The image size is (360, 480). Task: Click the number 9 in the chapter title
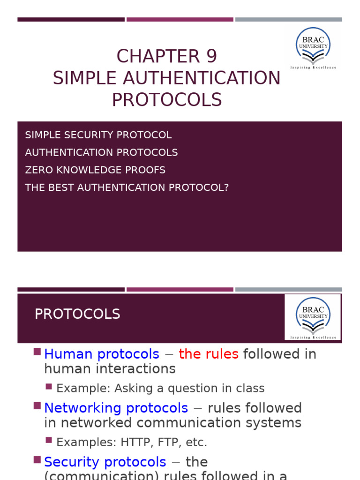[211, 56]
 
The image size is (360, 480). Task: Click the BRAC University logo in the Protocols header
[313, 317]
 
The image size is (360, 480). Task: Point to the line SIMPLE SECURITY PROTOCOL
[98, 135]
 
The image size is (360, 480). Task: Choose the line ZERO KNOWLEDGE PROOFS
[95, 170]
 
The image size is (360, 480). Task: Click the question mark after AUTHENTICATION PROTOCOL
[226, 187]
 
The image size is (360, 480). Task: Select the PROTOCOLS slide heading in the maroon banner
[77, 314]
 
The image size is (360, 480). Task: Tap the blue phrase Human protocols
[102, 354]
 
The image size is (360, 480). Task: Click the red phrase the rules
[209, 354]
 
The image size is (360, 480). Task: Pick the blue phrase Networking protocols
[116, 408]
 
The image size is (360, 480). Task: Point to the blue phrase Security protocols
[105, 462]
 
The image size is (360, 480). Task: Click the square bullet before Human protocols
[37, 352]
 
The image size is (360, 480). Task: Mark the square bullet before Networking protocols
[37, 406]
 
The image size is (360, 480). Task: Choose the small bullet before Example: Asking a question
[49, 387]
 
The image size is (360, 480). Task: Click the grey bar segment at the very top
[288, 20]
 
